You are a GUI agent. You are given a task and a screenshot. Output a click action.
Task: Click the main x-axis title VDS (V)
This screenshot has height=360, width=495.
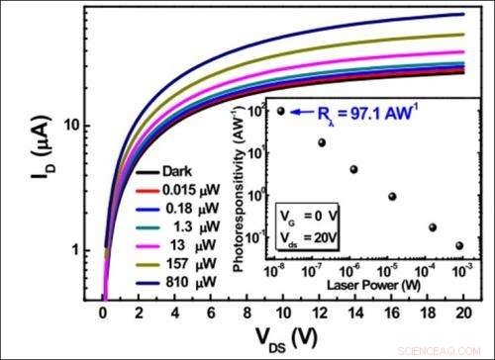coord(281,338)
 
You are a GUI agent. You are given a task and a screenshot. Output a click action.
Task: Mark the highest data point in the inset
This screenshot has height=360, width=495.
coord(281,111)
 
